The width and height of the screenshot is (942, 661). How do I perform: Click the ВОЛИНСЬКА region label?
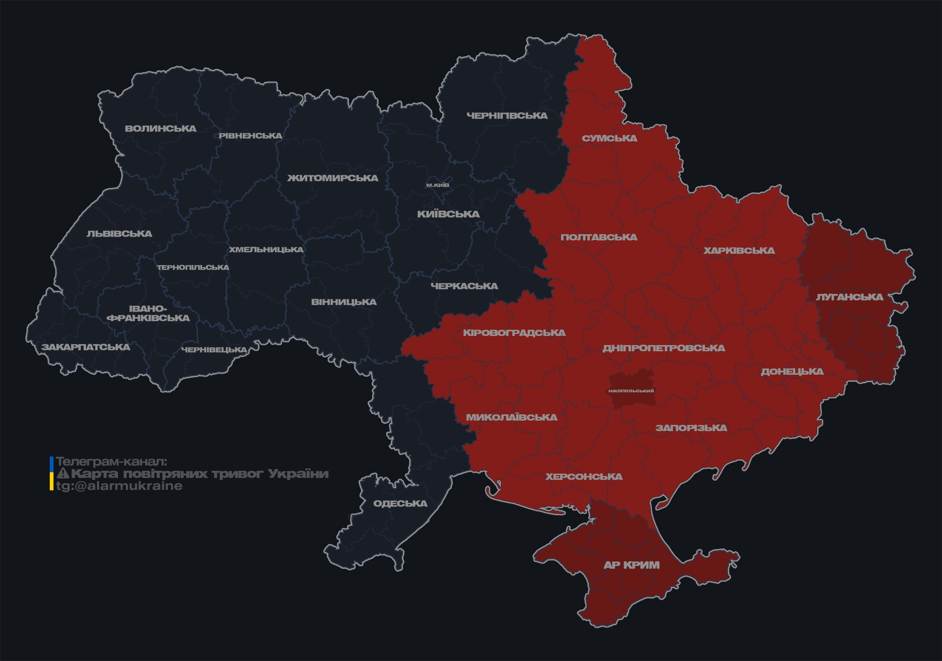click(161, 129)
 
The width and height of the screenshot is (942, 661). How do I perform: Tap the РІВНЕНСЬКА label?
click(250, 136)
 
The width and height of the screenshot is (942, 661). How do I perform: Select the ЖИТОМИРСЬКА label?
click(333, 178)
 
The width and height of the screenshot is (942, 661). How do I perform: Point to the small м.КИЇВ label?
click(437, 185)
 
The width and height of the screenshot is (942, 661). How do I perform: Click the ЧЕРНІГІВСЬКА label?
click(507, 116)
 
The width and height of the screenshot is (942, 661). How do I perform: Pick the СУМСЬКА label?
click(609, 139)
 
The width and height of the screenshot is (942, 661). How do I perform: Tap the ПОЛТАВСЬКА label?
click(599, 238)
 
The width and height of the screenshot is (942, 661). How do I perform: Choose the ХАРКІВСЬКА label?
click(739, 251)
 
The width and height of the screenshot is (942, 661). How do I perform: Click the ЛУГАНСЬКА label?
click(849, 297)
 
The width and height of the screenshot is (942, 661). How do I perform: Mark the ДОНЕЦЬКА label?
click(792, 372)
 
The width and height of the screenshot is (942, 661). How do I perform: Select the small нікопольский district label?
click(631, 391)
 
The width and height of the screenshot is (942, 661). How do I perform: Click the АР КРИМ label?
click(631, 565)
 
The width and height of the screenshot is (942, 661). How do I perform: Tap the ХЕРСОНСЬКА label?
click(584, 477)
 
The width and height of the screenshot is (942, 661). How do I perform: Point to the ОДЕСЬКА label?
click(400, 504)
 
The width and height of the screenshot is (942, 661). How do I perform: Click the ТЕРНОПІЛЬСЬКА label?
click(193, 268)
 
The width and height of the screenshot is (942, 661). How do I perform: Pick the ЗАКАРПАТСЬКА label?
click(86, 347)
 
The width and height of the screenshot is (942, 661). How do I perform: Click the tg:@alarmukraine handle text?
click(119, 486)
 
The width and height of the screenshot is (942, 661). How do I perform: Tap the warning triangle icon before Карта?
click(63, 474)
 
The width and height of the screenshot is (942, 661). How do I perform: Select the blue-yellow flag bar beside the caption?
click(52, 473)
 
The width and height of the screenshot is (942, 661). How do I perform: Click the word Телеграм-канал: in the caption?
click(111, 462)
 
